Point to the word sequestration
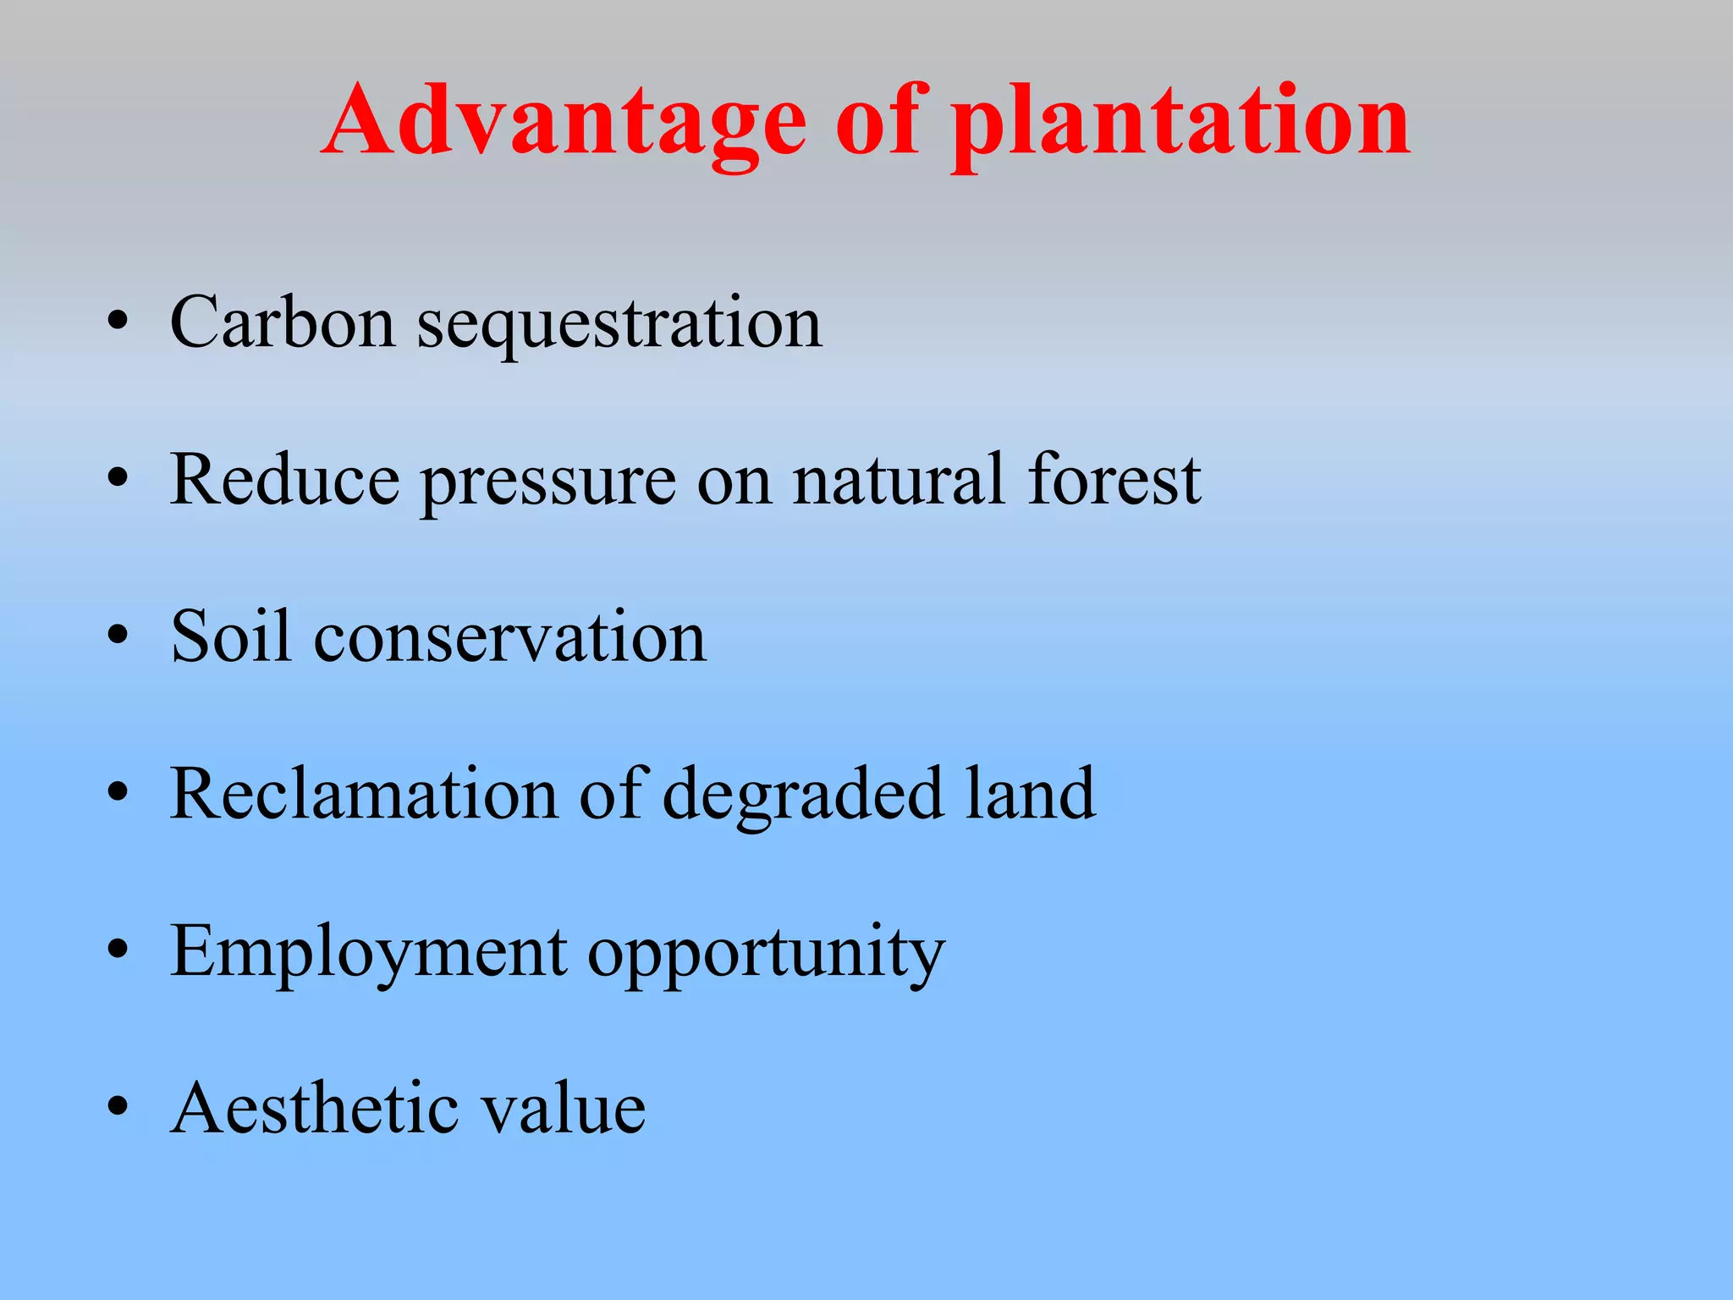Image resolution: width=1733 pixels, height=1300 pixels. coord(619,326)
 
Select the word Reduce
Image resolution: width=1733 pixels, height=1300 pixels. coord(284,480)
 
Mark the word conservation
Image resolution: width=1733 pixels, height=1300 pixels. coord(510,638)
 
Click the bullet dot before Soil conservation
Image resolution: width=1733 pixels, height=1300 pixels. coord(118,636)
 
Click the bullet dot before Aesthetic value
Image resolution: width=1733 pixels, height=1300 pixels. coord(118,1109)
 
